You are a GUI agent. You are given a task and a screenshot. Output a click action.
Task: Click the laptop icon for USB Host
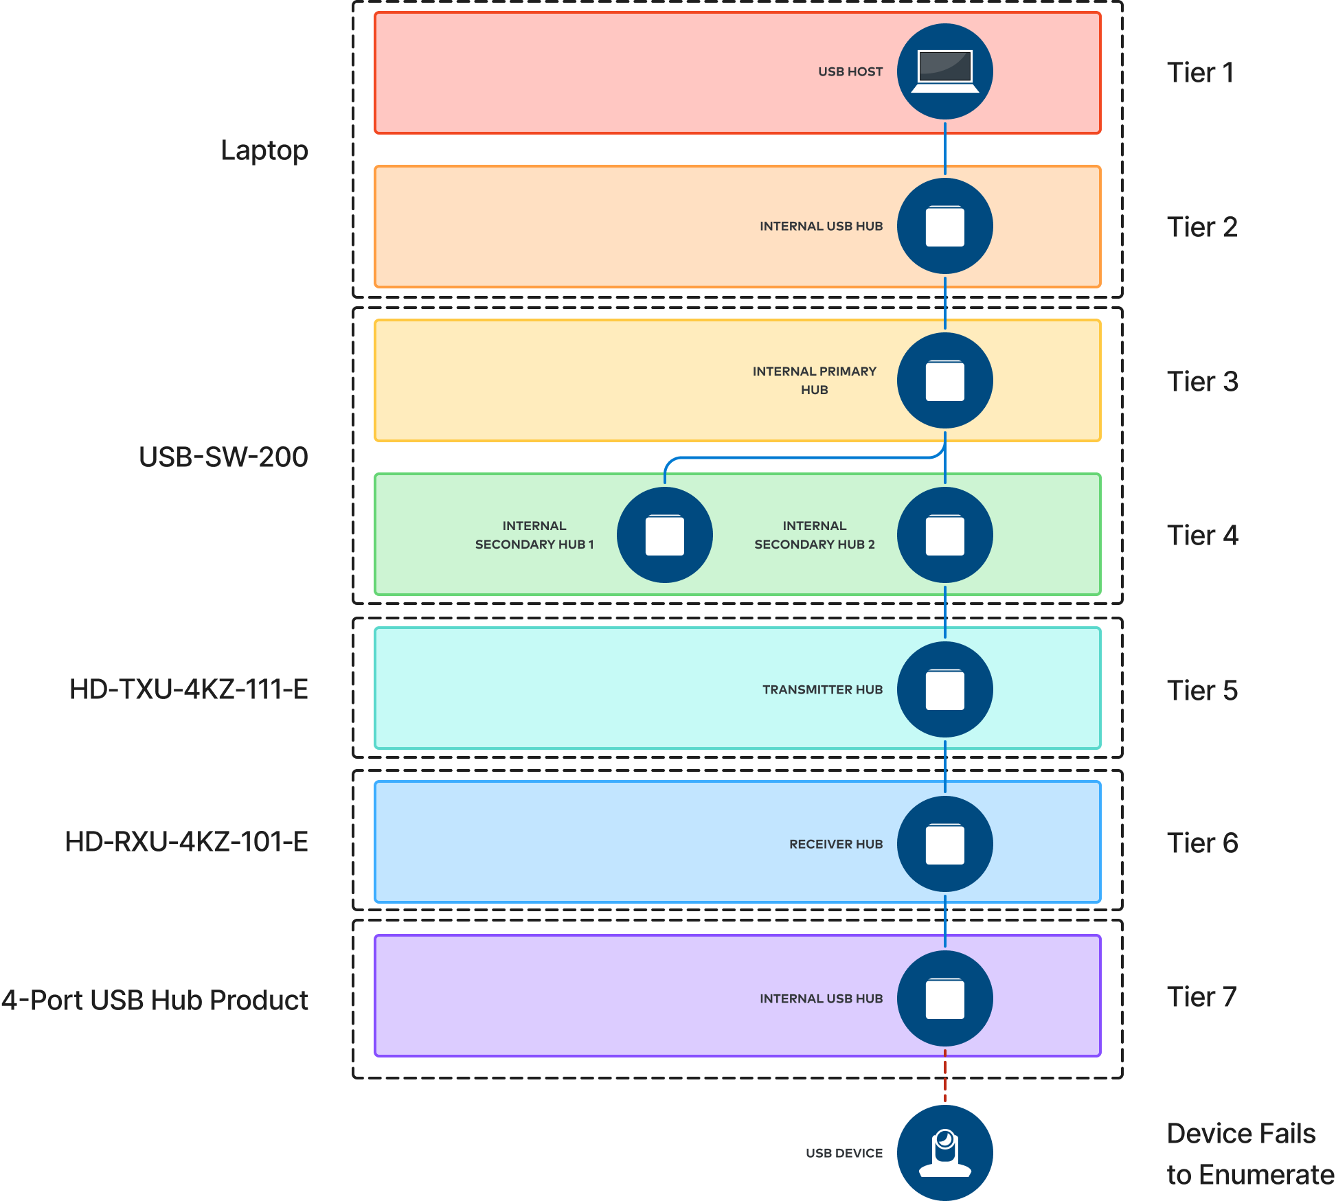point(944,71)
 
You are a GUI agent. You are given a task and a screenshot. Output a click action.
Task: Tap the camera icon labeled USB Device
point(944,1152)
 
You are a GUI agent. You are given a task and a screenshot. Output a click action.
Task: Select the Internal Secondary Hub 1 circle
point(664,535)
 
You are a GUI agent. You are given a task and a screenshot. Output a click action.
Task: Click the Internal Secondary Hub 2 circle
point(944,535)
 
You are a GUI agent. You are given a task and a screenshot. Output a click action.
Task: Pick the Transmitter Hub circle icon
point(944,689)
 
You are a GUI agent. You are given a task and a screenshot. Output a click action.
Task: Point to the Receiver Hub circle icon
point(944,844)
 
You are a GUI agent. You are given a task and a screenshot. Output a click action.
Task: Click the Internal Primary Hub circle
point(944,380)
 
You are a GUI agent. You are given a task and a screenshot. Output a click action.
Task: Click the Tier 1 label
point(1200,73)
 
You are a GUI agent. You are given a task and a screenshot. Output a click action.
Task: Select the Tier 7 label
point(1201,997)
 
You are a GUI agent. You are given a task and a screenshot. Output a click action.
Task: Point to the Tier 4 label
point(1202,536)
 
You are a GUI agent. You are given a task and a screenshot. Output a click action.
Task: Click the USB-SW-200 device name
point(223,457)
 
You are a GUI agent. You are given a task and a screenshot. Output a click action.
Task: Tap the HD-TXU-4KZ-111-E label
point(189,689)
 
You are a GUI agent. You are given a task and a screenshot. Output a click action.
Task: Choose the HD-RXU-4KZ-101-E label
point(187,842)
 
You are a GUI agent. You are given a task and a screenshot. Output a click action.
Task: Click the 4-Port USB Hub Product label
point(155,1000)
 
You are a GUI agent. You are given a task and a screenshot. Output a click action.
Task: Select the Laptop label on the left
point(264,150)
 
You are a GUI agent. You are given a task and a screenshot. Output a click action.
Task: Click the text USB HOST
point(850,71)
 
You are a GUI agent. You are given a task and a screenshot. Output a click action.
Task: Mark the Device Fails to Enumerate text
point(1249,1154)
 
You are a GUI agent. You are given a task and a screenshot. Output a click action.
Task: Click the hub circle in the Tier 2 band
point(944,226)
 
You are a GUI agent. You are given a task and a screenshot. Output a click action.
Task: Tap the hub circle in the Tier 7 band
point(944,998)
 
